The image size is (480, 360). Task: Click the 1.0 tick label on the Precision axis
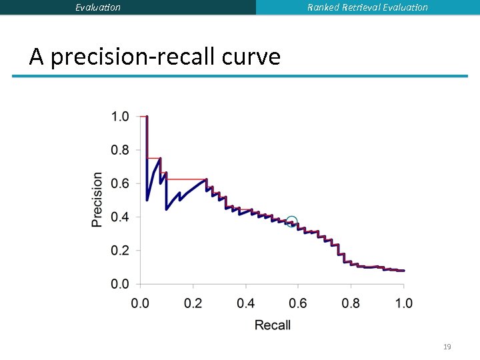coord(120,117)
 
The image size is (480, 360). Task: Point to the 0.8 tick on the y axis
coord(120,151)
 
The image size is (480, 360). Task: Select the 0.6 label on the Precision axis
coord(120,184)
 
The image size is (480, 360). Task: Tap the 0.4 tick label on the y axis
coord(120,217)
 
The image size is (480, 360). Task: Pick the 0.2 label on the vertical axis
coord(120,251)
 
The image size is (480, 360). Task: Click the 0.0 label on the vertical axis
coord(120,285)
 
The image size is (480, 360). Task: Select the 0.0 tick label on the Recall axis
coord(140,303)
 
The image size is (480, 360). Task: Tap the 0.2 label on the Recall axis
coord(193,303)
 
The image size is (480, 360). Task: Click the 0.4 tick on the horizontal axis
coord(245,303)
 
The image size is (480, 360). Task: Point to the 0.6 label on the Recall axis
coord(298,303)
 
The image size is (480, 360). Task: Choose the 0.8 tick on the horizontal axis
coord(351,303)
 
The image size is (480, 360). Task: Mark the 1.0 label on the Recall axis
coord(403,303)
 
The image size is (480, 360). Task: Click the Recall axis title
coord(273,325)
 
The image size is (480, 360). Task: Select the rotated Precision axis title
coord(98,200)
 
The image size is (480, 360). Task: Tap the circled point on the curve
coord(291,222)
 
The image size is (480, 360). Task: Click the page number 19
coord(447,347)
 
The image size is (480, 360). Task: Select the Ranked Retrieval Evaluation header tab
coord(367,7)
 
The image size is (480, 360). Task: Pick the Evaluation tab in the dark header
coord(98,7)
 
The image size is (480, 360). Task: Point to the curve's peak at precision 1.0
coord(147,117)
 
